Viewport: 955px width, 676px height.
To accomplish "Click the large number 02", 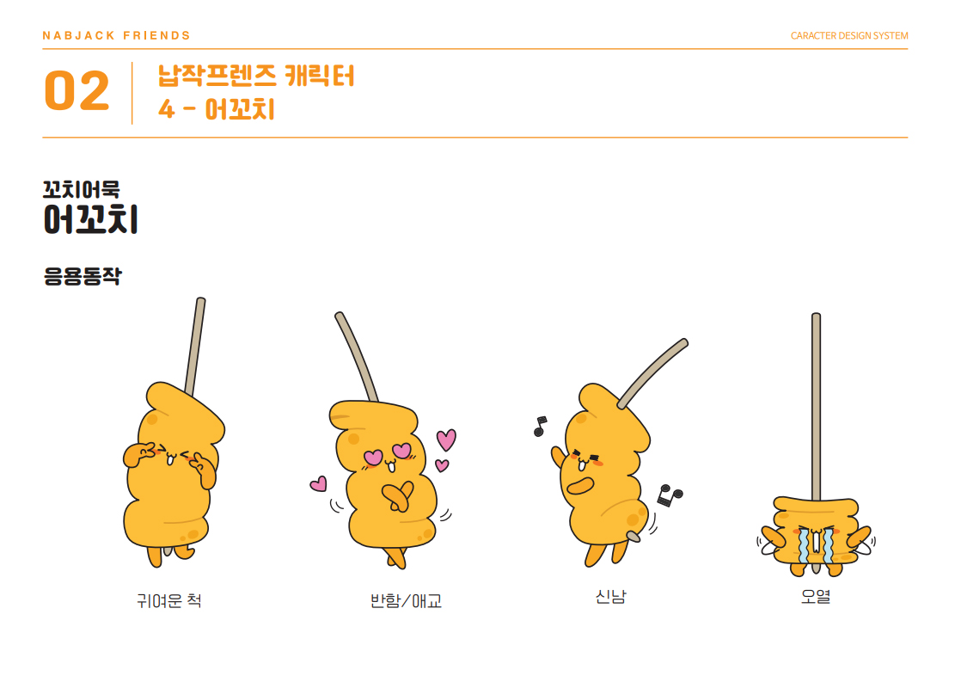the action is pos(77,91).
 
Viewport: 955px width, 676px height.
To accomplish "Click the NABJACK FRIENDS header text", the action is pos(116,35).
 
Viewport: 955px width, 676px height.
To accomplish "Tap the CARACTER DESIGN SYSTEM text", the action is pos(849,35).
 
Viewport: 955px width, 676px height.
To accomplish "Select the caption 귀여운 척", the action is pos(168,600).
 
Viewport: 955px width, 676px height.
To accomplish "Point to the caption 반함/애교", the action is pos(406,600).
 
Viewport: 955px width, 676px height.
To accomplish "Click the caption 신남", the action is pos(610,596).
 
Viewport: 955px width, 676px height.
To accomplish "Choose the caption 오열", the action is pos(816,596).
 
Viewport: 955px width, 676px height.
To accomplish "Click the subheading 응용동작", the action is pos(83,276).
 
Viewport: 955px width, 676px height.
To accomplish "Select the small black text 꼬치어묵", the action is pos(81,189).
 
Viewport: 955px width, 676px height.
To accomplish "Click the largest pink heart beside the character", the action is pos(446,439).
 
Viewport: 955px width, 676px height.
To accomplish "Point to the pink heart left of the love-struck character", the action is pos(319,484).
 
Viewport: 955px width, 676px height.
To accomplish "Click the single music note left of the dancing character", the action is pos(540,426).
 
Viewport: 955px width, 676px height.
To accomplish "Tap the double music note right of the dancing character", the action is pos(670,495).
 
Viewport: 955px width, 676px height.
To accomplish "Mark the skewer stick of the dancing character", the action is pos(653,373).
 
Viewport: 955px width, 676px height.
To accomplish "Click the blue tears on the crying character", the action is pos(816,545).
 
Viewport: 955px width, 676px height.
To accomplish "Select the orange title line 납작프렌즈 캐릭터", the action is pos(256,77).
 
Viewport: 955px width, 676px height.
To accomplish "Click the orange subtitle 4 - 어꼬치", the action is pos(217,110).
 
